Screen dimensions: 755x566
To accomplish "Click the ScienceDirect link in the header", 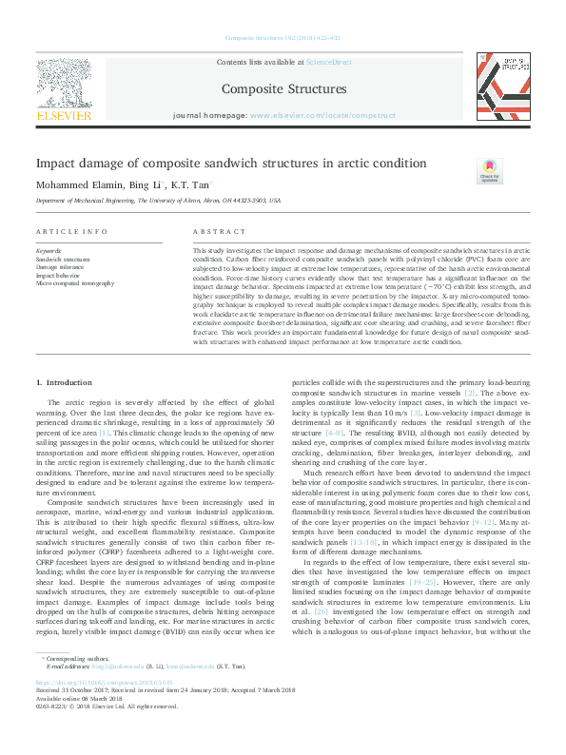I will click(x=328, y=62).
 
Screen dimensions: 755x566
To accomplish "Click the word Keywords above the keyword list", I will click(x=49, y=249).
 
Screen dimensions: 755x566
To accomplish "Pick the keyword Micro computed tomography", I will click(x=74, y=283).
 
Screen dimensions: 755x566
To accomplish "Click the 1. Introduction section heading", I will click(x=65, y=381).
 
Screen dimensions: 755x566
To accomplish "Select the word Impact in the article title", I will click(x=58, y=163).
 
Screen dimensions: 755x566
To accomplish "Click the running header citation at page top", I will click(x=282, y=39).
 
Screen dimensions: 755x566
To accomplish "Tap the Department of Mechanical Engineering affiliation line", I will click(x=158, y=202).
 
